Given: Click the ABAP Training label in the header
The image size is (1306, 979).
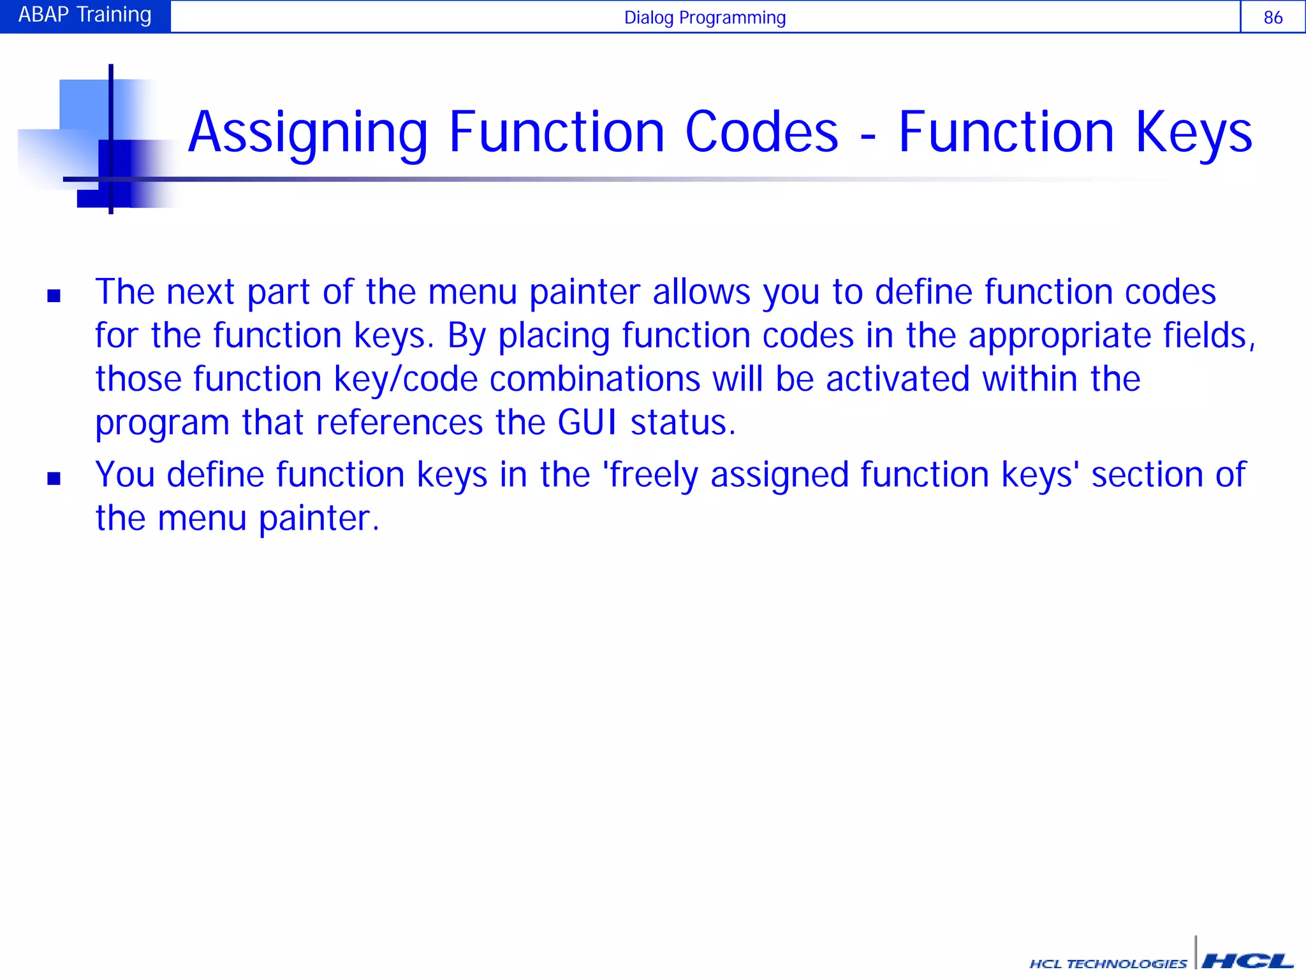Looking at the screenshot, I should point(85,15).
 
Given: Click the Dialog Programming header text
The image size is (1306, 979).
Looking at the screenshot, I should point(705,17).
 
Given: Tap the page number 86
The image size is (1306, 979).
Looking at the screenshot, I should point(1273,17).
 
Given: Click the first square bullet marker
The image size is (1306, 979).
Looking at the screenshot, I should point(54,296).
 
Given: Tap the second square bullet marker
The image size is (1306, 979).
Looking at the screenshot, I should point(54,478).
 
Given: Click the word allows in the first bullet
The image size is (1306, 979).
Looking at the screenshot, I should point(701,292).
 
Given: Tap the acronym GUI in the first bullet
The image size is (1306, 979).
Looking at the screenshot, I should point(587,423).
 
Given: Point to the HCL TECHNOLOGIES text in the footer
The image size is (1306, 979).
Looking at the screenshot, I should point(1108,964).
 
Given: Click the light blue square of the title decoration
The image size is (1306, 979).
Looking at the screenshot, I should point(83,103).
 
